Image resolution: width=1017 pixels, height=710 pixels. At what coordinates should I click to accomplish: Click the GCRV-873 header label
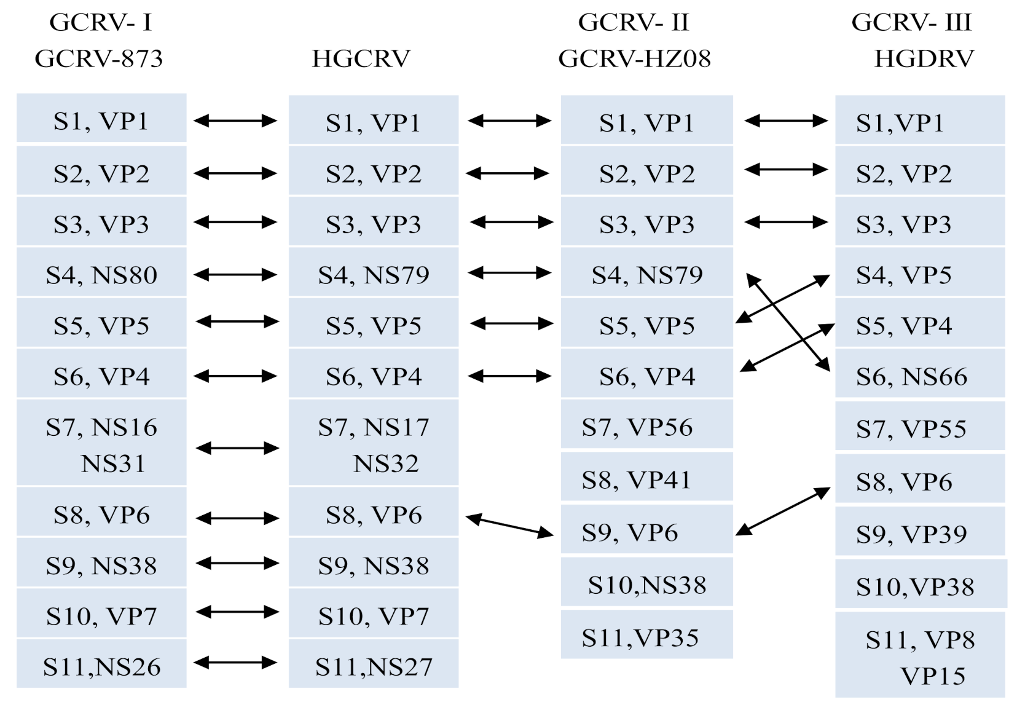pyautogui.click(x=98, y=59)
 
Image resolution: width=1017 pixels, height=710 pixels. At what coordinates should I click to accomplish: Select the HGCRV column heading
pyautogui.click(x=361, y=59)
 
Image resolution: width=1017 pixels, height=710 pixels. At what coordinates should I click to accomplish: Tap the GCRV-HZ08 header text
pyautogui.click(x=634, y=59)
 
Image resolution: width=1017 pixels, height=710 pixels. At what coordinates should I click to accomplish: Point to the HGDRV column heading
pyautogui.click(x=924, y=59)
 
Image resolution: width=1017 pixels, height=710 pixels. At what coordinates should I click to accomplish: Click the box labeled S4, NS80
pyautogui.click(x=101, y=275)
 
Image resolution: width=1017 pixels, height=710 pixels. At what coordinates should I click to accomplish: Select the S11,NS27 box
pyautogui.click(x=374, y=666)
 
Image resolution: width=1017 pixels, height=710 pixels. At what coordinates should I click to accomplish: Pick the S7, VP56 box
pyautogui.click(x=646, y=427)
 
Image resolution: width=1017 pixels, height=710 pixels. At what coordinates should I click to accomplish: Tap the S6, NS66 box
pyautogui.click(x=919, y=376)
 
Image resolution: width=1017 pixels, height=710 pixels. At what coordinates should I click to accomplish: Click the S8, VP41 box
pyautogui.click(x=646, y=479)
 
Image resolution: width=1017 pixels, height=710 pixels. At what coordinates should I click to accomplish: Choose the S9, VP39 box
pyautogui.click(x=919, y=534)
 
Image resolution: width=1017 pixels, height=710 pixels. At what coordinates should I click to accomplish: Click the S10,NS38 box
pyautogui.click(x=646, y=585)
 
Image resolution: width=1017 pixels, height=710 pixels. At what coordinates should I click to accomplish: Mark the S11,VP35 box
pyautogui.click(x=646, y=637)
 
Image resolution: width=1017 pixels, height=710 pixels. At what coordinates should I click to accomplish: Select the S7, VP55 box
pyautogui.click(x=919, y=428)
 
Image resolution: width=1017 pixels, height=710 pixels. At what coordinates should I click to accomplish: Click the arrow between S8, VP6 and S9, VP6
pyautogui.click(x=509, y=526)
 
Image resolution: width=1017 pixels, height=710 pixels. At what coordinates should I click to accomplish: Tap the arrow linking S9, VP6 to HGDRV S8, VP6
pyautogui.click(x=783, y=511)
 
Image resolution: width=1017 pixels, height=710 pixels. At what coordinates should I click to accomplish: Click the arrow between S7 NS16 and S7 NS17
pyautogui.click(x=237, y=448)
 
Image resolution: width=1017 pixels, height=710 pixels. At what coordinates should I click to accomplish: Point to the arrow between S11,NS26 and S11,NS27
pyautogui.click(x=235, y=663)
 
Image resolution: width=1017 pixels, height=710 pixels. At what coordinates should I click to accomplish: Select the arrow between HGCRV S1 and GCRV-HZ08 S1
pyautogui.click(x=509, y=121)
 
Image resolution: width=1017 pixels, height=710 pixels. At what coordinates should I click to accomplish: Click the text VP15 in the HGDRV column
pyautogui.click(x=932, y=676)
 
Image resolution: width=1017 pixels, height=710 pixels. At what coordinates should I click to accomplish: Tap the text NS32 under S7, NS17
pyautogui.click(x=385, y=463)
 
